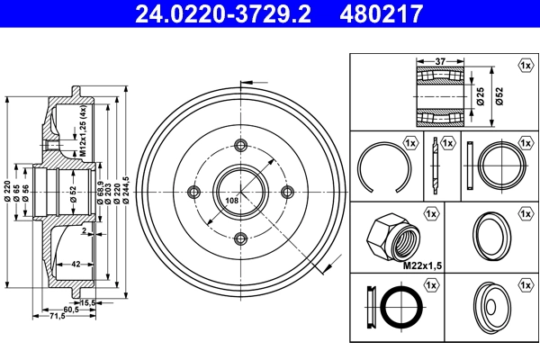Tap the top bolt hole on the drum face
click(240, 145)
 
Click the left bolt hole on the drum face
click(193, 192)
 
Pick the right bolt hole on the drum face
click(288, 192)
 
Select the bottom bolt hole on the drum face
click(240, 238)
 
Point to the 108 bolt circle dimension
click(231, 200)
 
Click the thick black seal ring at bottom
click(397, 308)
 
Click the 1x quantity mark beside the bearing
click(525, 66)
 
